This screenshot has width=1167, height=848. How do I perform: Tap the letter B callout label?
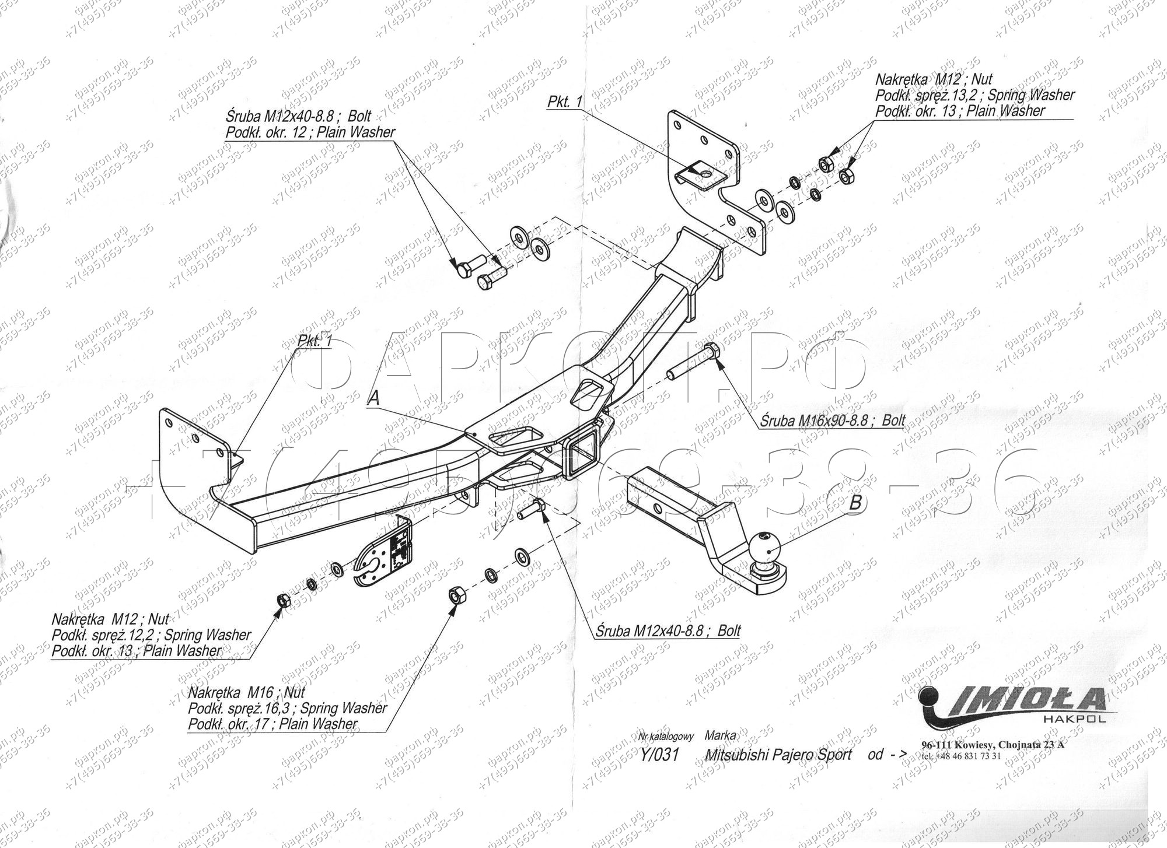point(854,503)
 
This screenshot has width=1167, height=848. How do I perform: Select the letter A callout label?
point(373,398)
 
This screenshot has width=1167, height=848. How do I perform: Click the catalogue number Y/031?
point(659,755)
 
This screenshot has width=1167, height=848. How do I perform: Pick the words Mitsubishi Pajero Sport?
point(778,755)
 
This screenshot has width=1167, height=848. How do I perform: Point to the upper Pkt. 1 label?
point(564,101)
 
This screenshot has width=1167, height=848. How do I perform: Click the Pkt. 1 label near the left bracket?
point(315,342)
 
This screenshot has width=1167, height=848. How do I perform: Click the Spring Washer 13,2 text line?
point(974,95)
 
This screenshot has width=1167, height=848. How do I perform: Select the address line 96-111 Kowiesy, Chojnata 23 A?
point(992,745)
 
